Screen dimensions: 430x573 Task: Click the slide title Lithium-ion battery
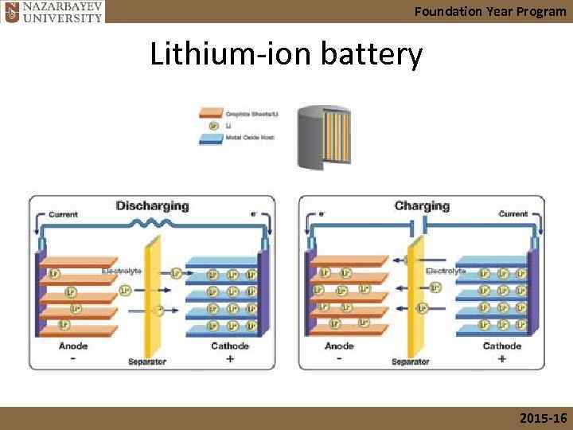coord(286,56)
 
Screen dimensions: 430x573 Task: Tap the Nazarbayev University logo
coord(53,11)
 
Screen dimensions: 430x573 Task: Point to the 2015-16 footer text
coord(542,418)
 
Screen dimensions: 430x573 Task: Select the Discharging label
coord(153,205)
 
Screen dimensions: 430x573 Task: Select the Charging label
coord(422,205)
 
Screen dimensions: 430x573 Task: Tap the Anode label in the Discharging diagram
coord(74,346)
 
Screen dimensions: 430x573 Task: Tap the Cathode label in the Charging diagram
coord(501,346)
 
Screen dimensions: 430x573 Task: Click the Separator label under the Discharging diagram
coord(148,362)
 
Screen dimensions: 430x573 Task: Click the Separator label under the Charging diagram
coord(411,362)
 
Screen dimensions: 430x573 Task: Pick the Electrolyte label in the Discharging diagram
coord(121,272)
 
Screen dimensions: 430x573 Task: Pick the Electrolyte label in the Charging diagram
coord(446,272)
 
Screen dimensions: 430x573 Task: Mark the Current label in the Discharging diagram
coord(63,214)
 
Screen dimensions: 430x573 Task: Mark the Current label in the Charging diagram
coord(513,214)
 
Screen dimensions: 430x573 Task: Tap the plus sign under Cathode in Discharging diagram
coord(230,359)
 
